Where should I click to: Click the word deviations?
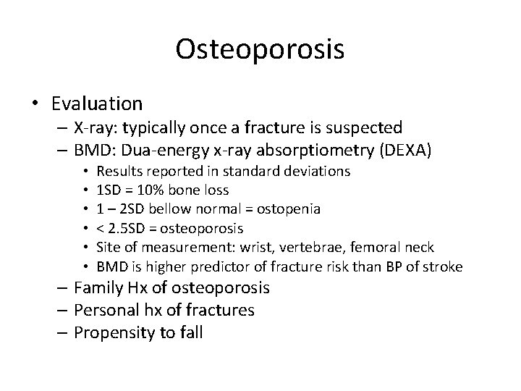[322, 172]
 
